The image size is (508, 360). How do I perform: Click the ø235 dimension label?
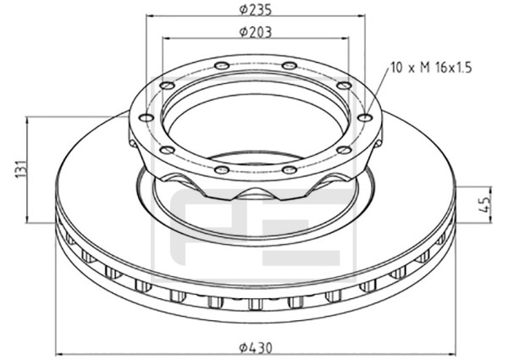click(256, 10)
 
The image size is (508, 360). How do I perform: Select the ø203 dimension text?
click(256, 31)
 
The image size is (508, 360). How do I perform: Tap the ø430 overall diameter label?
click(256, 348)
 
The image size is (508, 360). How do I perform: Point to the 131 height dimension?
click(21, 169)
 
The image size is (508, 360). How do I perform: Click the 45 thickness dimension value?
click(485, 204)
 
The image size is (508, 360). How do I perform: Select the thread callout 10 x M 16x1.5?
click(431, 68)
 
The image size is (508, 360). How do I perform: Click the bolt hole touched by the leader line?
click(366, 118)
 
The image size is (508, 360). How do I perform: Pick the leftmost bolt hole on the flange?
click(147, 118)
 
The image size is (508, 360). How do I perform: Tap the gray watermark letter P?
click(207, 227)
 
